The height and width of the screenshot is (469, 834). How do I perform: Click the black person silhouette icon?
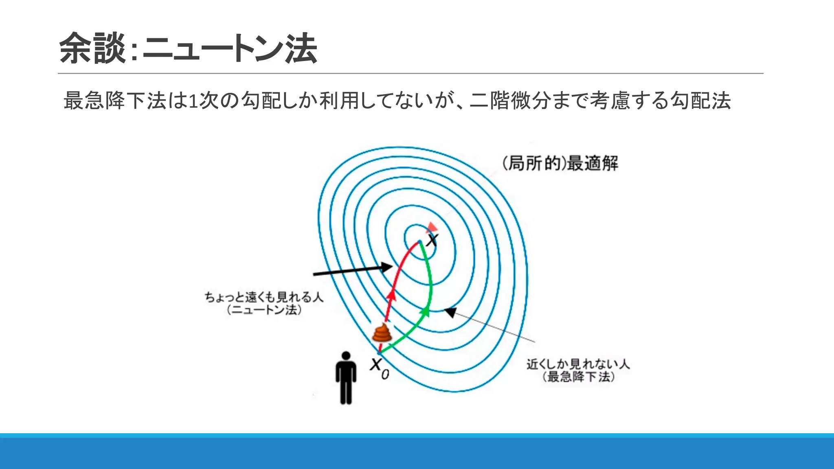[x=346, y=379]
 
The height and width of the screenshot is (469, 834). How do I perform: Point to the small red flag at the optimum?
[x=432, y=227]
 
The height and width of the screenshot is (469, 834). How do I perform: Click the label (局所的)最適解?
[x=560, y=164]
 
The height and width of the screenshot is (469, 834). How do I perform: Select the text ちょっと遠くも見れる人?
[x=264, y=297]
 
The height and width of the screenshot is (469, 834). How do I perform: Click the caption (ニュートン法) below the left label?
[x=264, y=310]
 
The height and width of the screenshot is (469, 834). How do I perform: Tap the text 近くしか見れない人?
[x=578, y=364]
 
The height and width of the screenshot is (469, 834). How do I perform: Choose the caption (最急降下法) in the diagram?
[x=578, y=377]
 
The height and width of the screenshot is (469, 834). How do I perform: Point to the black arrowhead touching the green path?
[x=450, y=312]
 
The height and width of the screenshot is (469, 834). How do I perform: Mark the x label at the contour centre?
[x=432, y=240]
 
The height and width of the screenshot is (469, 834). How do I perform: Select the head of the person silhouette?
[x=346, y=356]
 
